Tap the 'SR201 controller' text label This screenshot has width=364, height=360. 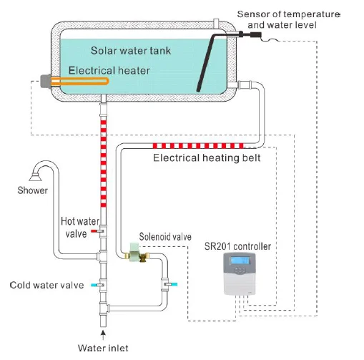tap(237, 246)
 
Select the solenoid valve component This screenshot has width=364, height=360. tap(134, 253)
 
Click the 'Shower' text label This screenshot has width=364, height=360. tap(33, 190)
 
